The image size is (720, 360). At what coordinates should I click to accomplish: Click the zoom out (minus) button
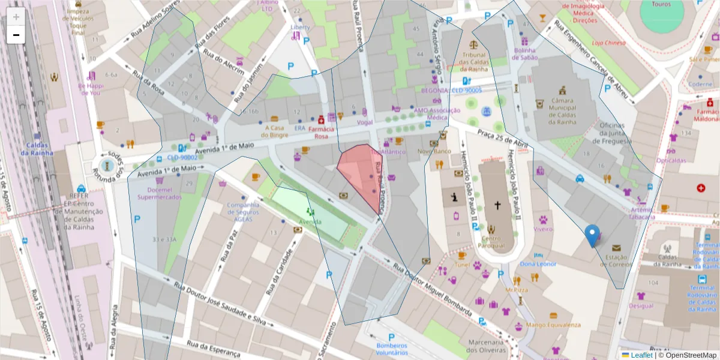click(16, 35)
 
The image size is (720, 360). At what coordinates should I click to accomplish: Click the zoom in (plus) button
click(16, 17)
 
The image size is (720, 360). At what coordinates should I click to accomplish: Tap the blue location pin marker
click(592, 236)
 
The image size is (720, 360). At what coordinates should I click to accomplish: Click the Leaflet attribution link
click(641, 355)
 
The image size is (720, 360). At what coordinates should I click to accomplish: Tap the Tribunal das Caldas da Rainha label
click(476, 58)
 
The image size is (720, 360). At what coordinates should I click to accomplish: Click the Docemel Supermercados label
click(159, 193)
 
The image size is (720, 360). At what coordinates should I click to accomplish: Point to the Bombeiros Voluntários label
click(391, 349)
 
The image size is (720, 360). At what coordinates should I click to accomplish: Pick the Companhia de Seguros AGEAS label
click(243, 212)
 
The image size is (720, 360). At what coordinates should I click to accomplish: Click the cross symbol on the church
click(497, 205)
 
